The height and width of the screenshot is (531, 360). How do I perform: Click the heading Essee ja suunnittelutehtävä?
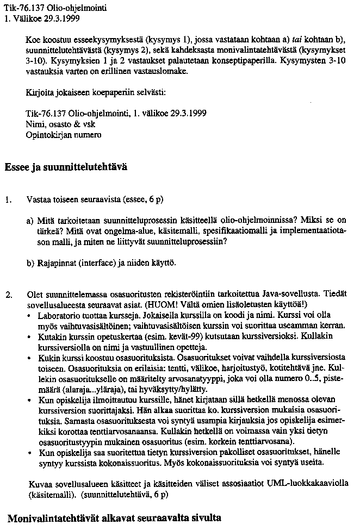(66, 167)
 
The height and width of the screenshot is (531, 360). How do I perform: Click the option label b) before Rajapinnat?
(30, 263)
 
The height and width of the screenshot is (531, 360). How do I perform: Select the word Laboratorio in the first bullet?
(58, 315)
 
